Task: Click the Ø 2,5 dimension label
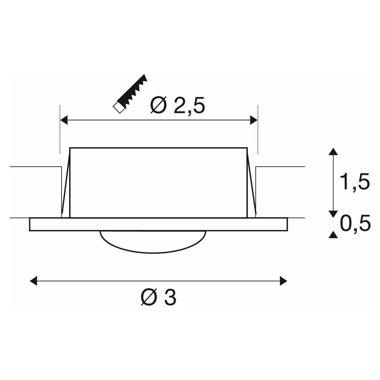(x=177, y=105)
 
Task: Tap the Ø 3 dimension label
(x=158, y=297)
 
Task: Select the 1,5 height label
(x=355, y=182)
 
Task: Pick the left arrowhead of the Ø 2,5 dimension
(x=64, y=120)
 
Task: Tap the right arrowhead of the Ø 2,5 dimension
(x=254, y=120)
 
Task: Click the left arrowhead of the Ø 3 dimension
(x=33, y=281)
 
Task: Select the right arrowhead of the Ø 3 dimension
(x=283, y=281)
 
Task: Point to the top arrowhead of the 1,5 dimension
(x=334, y=152)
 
